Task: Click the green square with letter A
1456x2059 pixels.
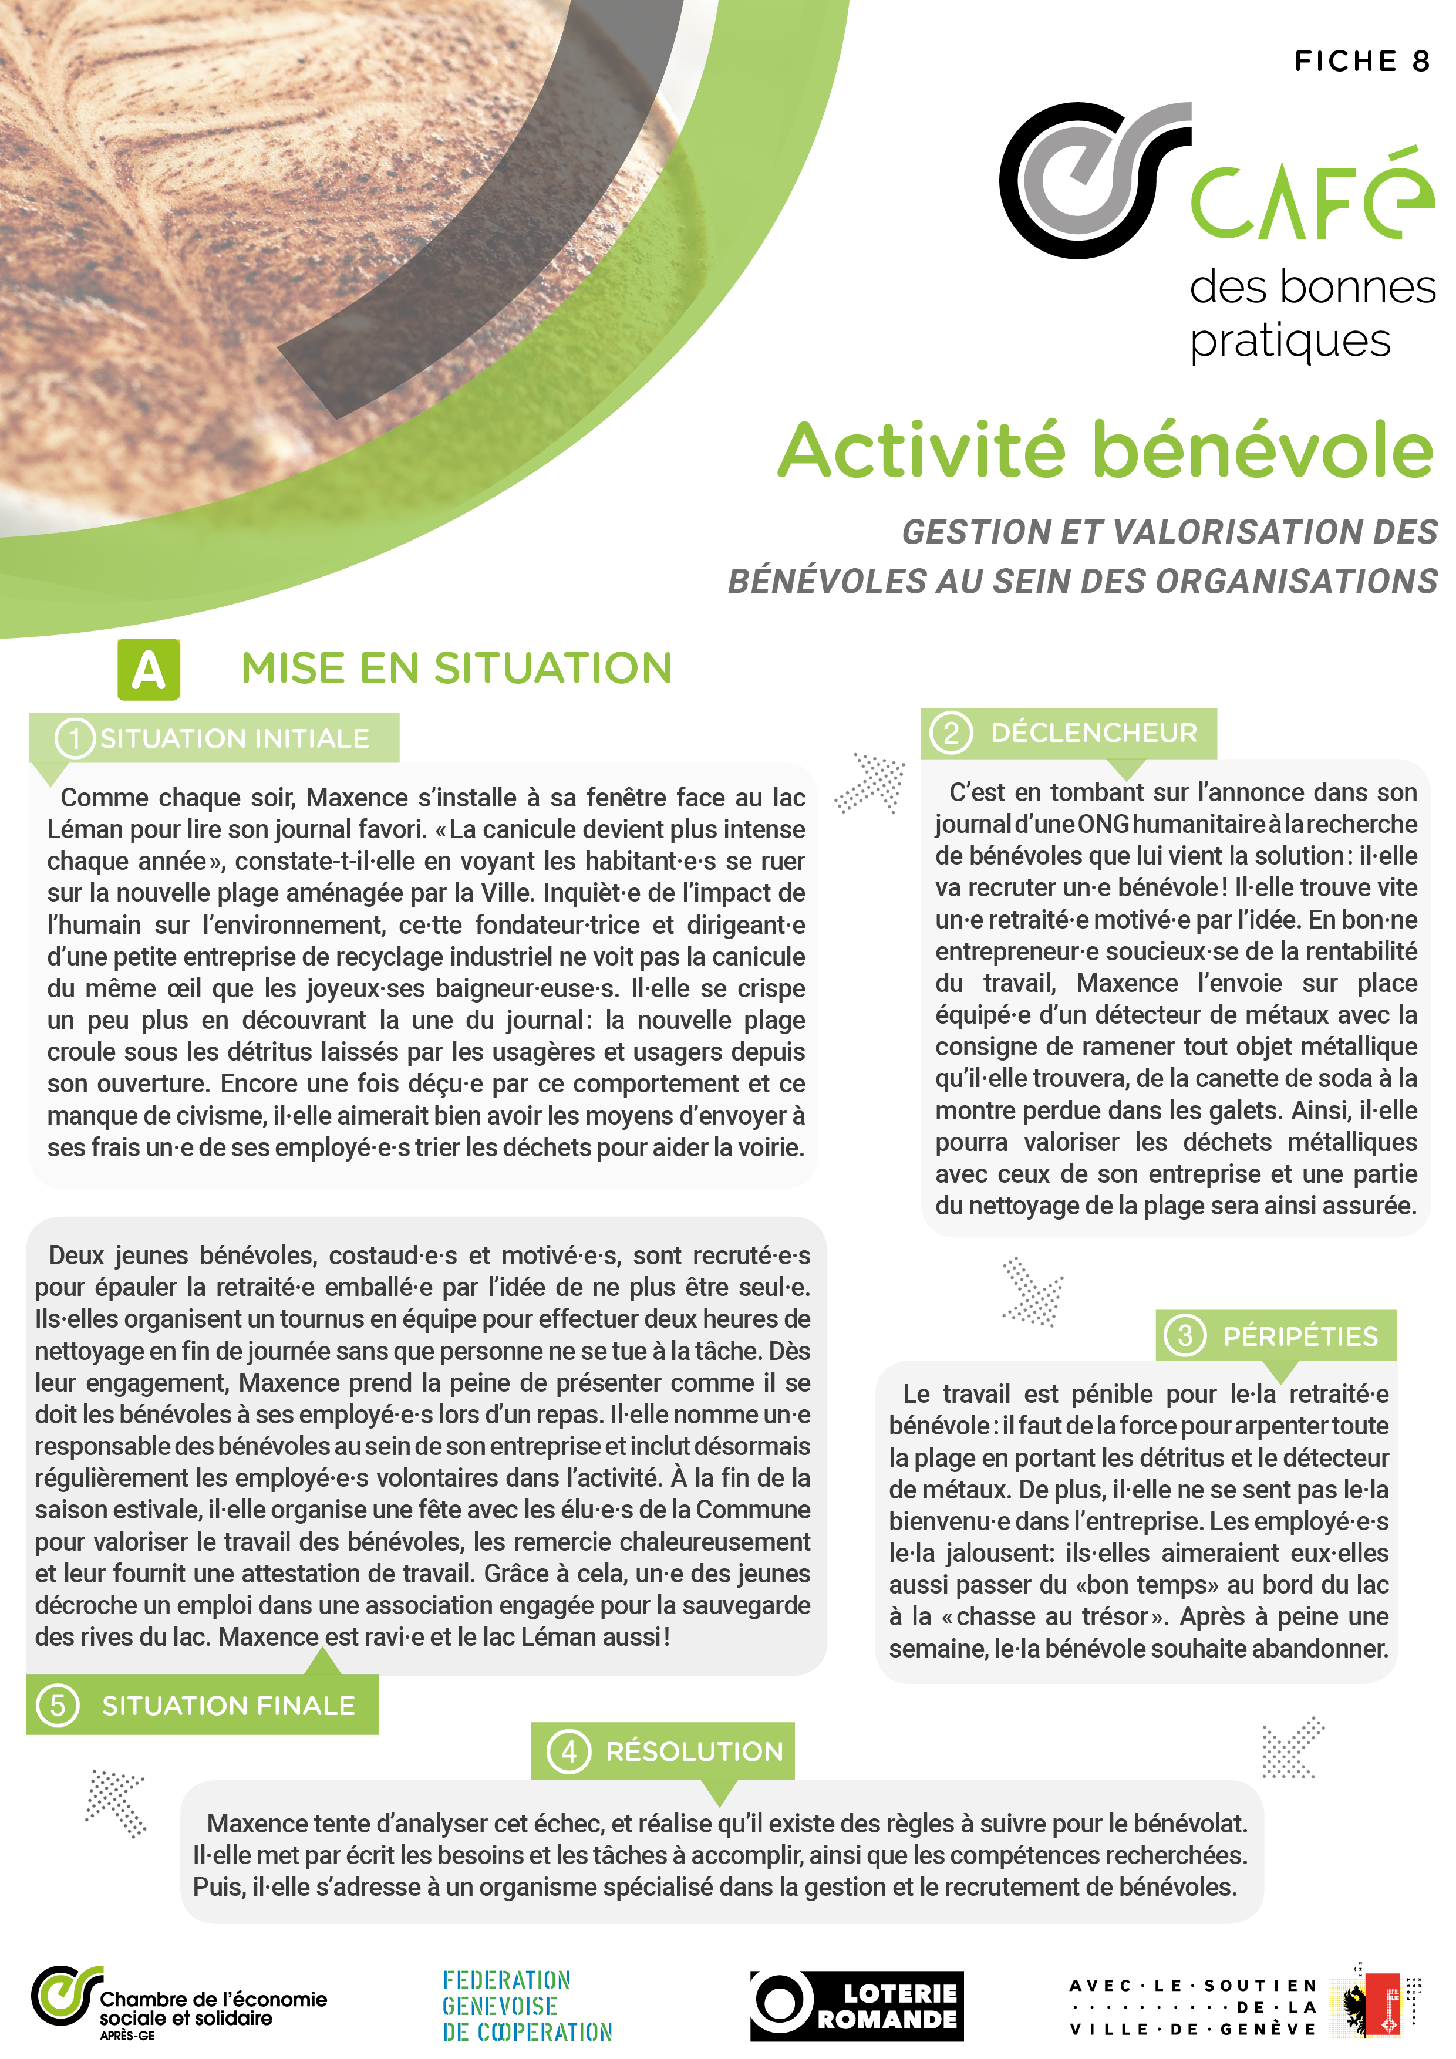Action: [149, 669]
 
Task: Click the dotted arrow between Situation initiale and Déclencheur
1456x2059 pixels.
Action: [870, 782]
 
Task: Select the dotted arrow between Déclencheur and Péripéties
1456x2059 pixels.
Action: [1033, 1291]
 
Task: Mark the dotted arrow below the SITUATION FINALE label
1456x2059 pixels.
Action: [116, 1803]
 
